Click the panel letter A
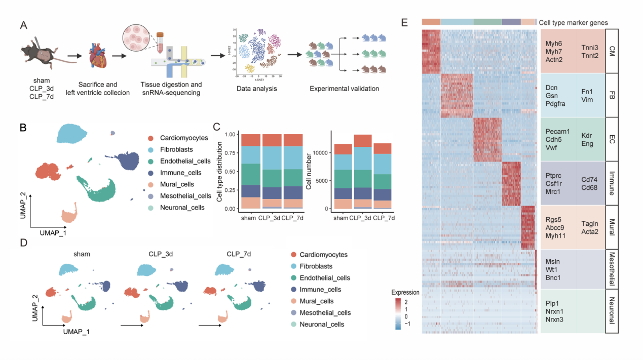[23, 25]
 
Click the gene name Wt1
[552, 270]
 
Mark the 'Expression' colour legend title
[405, 292]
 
